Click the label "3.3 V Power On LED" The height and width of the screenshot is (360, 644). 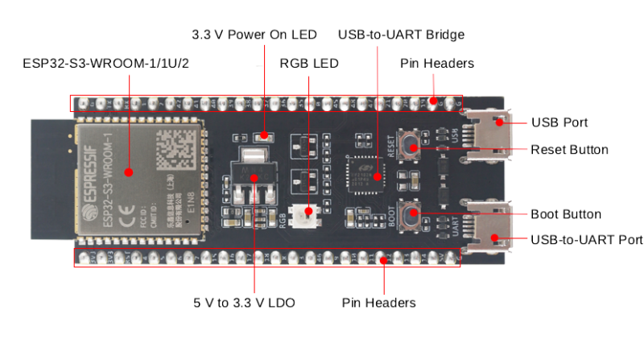pyautogui.click(x=254, y=35)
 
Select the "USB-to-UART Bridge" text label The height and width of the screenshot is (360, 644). pyautogui.click(x=401, y=35)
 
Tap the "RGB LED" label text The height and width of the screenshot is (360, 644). pyautogui.click(x=308, y=63)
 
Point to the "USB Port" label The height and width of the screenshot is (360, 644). pyautogui.click(x=559, y=123)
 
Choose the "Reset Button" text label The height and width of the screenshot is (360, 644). pyautogui.click(x=569, y=150)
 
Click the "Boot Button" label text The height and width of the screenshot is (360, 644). pyautogui.click(x=566, y=214)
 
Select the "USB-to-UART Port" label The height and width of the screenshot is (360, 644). pyautogui.click(x=587, y=240)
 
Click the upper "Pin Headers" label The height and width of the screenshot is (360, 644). pyautogui.click(x=436, y=63)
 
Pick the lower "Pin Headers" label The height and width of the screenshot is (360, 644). pyautogui.click(x=378, y=303)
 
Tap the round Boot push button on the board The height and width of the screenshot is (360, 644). pyautogui.click(x=411, y=214)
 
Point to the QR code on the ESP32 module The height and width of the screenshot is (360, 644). pyautogui.click(x=171, y=146)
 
